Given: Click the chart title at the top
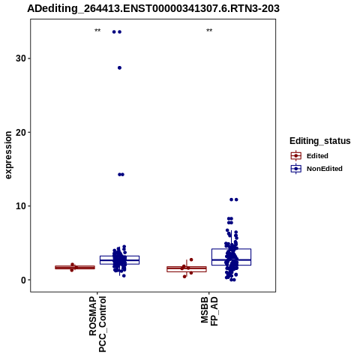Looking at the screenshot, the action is [153, 8].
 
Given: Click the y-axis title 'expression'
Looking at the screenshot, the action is [8, 155].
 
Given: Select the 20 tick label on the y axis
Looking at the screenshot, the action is [21, 132].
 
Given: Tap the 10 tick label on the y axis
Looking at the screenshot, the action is [21, 206].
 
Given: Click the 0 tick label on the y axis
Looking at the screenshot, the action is [24, 280].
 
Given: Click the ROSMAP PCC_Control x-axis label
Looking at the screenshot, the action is [97, 324].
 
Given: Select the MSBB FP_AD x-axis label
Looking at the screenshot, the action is [209, 311].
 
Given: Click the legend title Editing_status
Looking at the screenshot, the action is [320, 141].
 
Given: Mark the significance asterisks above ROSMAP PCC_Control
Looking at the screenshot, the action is [97, 31].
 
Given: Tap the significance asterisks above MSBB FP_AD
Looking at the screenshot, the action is [209, 31].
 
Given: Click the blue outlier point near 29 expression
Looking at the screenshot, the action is [119, 67].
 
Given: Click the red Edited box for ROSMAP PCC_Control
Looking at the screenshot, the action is [75, 267].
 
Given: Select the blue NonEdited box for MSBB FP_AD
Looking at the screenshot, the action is [231, 257].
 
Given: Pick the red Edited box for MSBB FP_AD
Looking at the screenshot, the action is [187, 269].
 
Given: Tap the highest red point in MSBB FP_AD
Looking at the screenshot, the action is [191, 259].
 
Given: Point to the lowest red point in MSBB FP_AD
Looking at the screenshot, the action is [184, 277].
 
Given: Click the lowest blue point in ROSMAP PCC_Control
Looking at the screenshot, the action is [124, 276].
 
